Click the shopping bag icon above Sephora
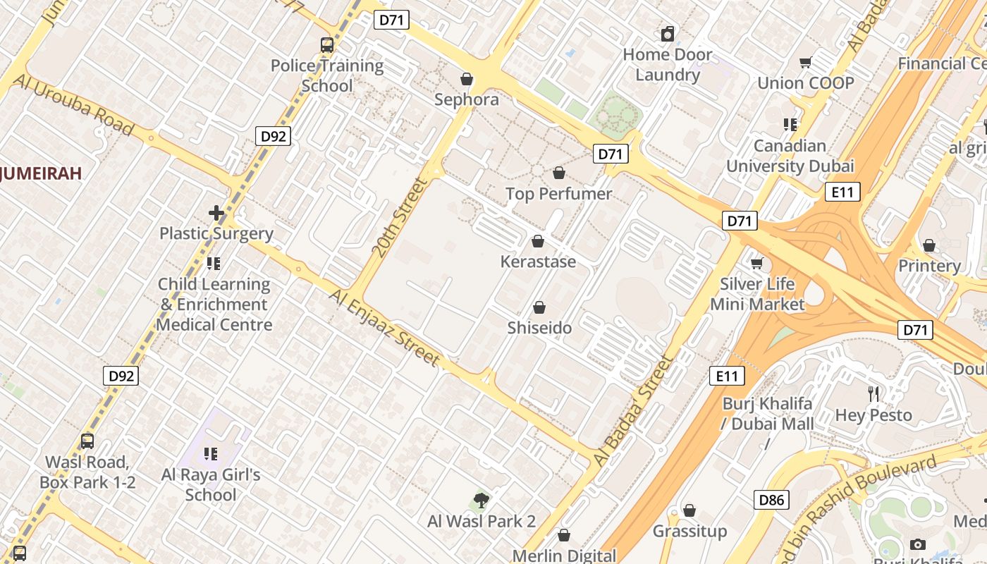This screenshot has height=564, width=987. tap(466, 79)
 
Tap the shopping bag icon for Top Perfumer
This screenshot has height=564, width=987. tap(559, 173)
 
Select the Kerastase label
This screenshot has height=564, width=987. tap(538, 262)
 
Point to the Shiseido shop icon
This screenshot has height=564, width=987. tap(539, 308)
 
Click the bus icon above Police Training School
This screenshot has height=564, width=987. tap(327, 45)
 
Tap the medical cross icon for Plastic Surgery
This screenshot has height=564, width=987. tap(216, 212)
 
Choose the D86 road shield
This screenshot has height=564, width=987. tap(771, 501)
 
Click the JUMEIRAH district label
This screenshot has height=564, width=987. tap(41, 173)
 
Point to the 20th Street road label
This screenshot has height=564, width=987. tap(400, 217)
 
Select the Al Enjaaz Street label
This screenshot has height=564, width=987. tap(384, 327)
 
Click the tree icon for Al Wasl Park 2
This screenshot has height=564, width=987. tap(482, 501)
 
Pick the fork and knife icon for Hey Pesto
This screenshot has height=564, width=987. tap(873, 394)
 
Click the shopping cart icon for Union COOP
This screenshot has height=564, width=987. tap(805, 63)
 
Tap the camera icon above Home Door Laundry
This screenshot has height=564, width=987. tap(667, 34)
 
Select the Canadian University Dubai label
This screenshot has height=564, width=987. tap(790, 156)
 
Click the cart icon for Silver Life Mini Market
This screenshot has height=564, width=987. tap(757, 264)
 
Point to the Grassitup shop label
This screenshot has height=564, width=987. tap(689, 531)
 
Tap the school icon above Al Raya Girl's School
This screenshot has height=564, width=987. tap(211, 453)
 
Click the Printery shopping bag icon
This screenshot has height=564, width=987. tap(929, 245)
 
